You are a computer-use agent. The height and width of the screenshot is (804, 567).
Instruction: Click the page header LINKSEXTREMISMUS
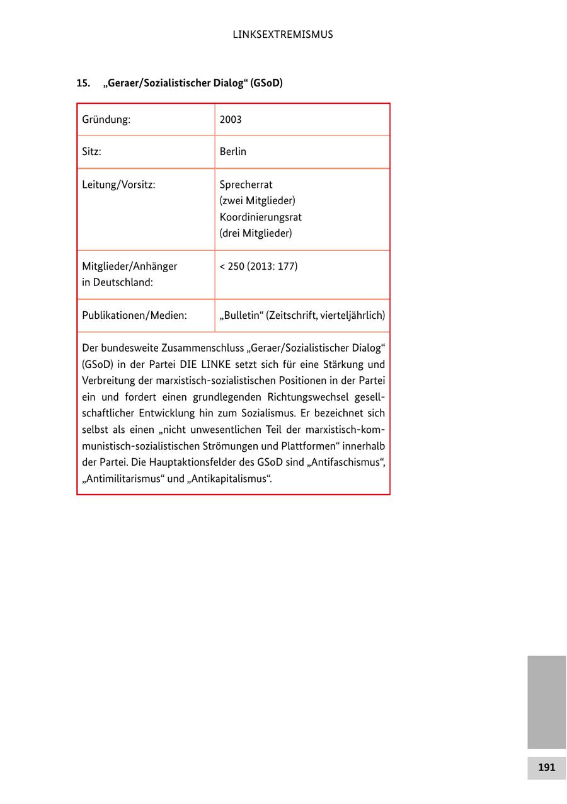click(x=283, y=35)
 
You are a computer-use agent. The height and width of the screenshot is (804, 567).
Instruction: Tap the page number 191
click(x=546, y=767)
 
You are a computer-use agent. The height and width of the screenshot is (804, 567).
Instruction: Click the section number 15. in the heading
click(x=83, y=83)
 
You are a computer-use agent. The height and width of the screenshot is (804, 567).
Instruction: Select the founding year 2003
click(x=231, y=120)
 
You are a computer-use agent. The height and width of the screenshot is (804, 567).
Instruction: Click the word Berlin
click(x=233, y=152)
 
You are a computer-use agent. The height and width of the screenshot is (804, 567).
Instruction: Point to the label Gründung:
click(x=106, y=120)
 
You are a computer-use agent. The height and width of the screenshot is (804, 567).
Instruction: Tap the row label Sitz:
click(x=91, y=152)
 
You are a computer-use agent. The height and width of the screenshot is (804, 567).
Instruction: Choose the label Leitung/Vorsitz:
click(x=118, y=185)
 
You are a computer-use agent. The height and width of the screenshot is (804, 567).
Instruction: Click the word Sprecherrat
click(x=246, y=185)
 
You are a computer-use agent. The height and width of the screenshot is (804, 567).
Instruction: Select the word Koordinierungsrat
click(x=261, y=217)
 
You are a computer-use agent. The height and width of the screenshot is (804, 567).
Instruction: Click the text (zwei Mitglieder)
click(x=257, y=201)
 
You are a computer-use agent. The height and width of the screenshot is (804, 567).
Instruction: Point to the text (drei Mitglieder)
click(x=256, y=234)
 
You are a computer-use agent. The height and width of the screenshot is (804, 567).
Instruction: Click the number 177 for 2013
click(x=287, y=267)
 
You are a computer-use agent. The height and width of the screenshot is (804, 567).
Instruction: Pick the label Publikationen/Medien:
click(x=134, y=316)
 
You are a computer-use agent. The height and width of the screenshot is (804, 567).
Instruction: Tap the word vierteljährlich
click(x=350, y=316)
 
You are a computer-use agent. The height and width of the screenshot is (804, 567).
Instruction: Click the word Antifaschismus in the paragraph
click(x=346, y=462)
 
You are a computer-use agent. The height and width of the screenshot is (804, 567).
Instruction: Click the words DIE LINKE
click(x=205, y=365)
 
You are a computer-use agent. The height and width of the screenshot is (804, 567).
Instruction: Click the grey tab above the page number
click(x=546, y=701)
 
